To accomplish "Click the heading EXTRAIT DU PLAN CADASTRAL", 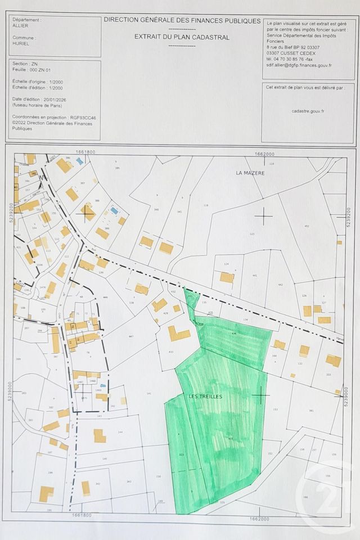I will click(x=181, y=37).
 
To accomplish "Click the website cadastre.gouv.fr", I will click(x=308, y=111).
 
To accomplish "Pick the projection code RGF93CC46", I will click(x=81, y=118).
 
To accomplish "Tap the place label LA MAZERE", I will click(x=250, y=173).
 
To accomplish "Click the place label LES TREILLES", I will click(x=207, y=396).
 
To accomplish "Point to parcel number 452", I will click(x=307, y=227).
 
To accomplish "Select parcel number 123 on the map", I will click(x=251, y=233).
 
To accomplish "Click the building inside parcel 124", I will click(x=227, y=277).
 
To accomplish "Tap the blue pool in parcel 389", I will click(x=115, y=210).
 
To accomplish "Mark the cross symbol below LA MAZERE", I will click(x=263, y=215).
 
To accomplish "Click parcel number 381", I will click(x=310, y=410).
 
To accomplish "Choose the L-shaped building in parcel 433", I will click(x=178, y=333).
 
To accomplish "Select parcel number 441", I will click(x=254, y=276).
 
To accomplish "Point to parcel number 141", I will click(x=148, y=393).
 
